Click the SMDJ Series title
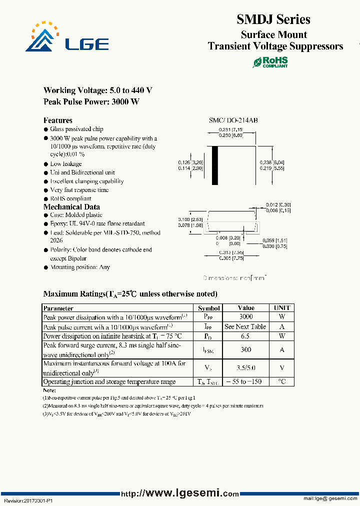click(x=273, y=19)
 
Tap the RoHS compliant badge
click(x=270, y=62)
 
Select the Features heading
click(x=57, y=120)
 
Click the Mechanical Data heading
click(x=71, y=207)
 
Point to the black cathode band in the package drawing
click(x=216, y=165)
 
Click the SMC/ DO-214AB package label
click(x=233, y=120)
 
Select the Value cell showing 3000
click(x=245, y=316)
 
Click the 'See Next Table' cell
click(x=245, y=326)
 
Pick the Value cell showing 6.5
click(x=245, y=336)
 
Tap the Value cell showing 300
click(x=245, y=350)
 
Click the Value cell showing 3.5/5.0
click(x=245, y=368)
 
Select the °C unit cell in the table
click(x=282, y=382)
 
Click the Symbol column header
click(x=208, y=308)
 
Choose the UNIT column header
click(x=282, y=308)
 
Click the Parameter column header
click(x=58, y=308)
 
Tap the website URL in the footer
click(x=179, y=493)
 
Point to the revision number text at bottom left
click(x=28, y=500)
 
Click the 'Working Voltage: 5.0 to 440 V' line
click(x=98, y=90)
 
